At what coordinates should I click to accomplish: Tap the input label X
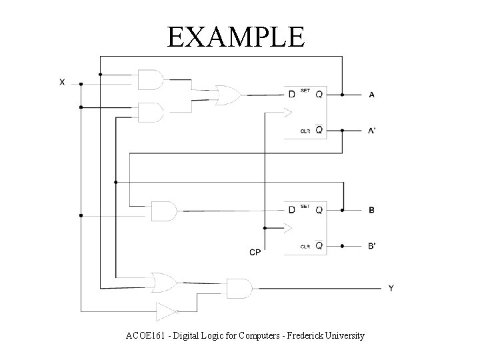pyautogui.click(x=62, y=82)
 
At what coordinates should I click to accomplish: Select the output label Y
pyautogui.click(x=391, y=288)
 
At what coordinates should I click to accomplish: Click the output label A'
pyautogui.click(x=372, y=131)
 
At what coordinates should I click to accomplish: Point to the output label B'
pyautogui.click(x=371, y=246)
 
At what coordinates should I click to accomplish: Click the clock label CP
pyautogui.click(x=255, y=252)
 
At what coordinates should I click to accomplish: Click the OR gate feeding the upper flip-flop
pyautogui.click(x=227, y=95)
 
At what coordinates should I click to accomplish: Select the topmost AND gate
pyautogui.click(x=150, y=80)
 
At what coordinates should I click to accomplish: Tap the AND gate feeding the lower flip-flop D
pyautogui.click(x=164, y=211)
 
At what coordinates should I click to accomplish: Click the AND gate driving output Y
pyautogui.click(x=239, y=288)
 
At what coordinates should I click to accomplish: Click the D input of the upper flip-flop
pyautogui.click(x=291, y=95)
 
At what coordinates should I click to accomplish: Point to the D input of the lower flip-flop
pyautogui.click(x=291, y=211)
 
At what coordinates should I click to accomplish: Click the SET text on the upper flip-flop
pyautogui.click(x=305, y=90)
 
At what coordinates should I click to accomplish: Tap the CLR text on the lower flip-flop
pyautogui.click(x=305, y=247)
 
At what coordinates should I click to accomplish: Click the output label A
pyautogui.click(x=371, y=95)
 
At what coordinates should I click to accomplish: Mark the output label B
pyautogui.click(x=371, y=211)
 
